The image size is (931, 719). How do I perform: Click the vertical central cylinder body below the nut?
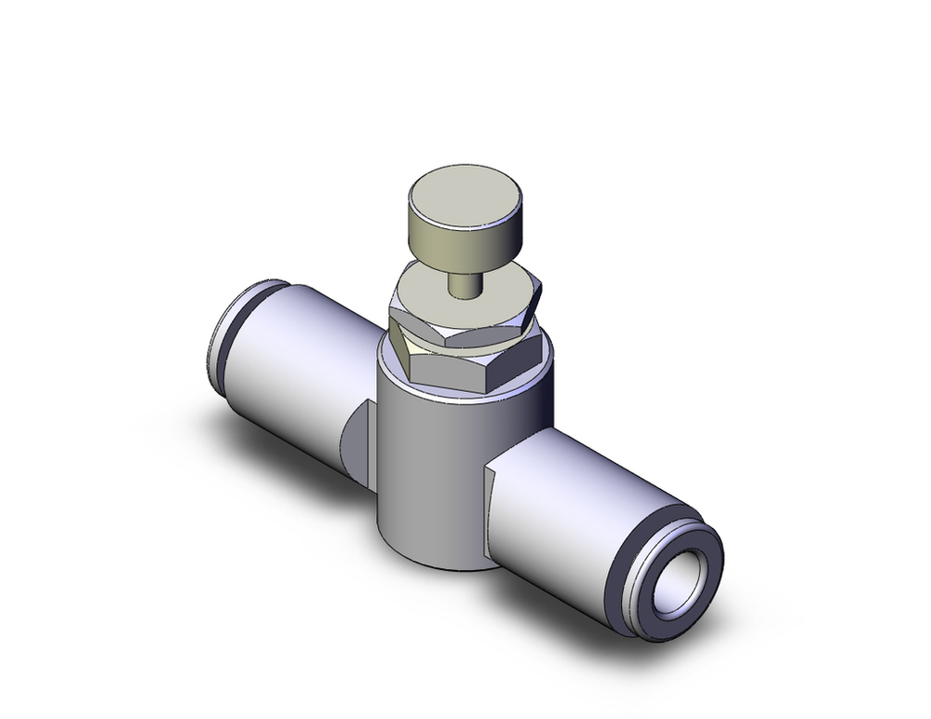pyautogui.click(x=438, y=466)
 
